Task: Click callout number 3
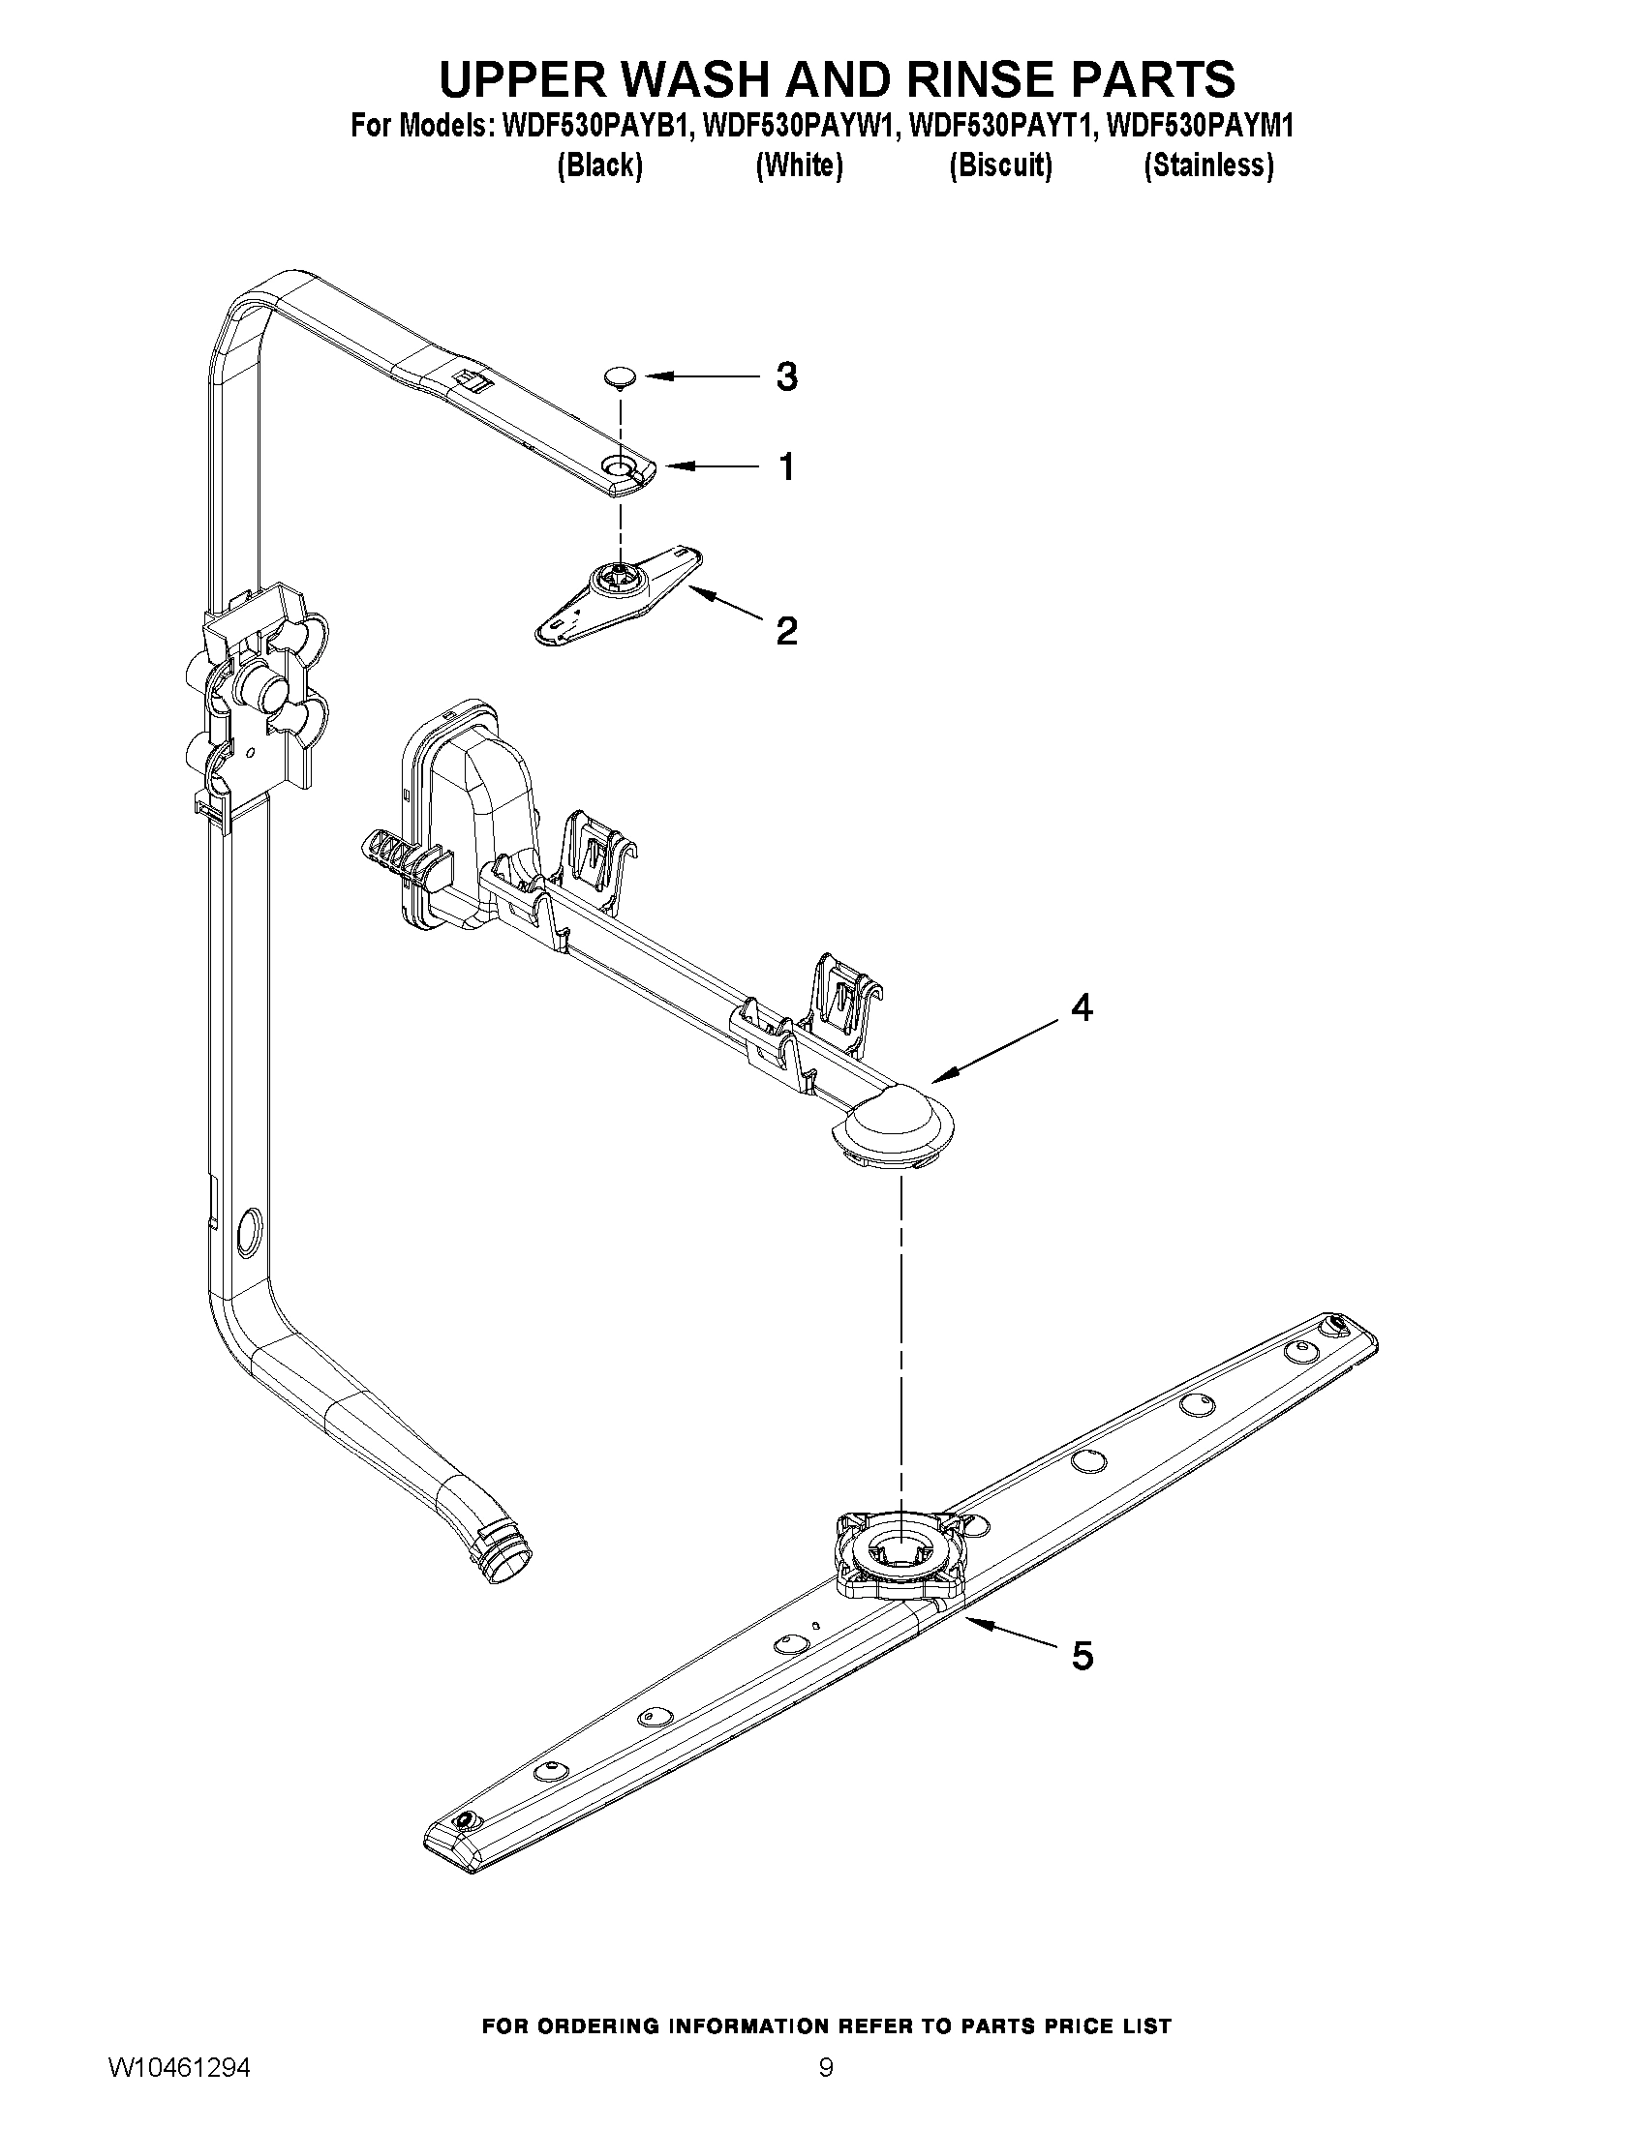[x=786, y=376]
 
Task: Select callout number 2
[x=786, y=631]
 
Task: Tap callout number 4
[x=1082, y=1007]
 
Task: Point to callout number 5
[x=1083, y=1655]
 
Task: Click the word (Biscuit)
[x=1000, y=165]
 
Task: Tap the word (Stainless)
[x=1208, y=165]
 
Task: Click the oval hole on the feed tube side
[x=249, y=1225]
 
